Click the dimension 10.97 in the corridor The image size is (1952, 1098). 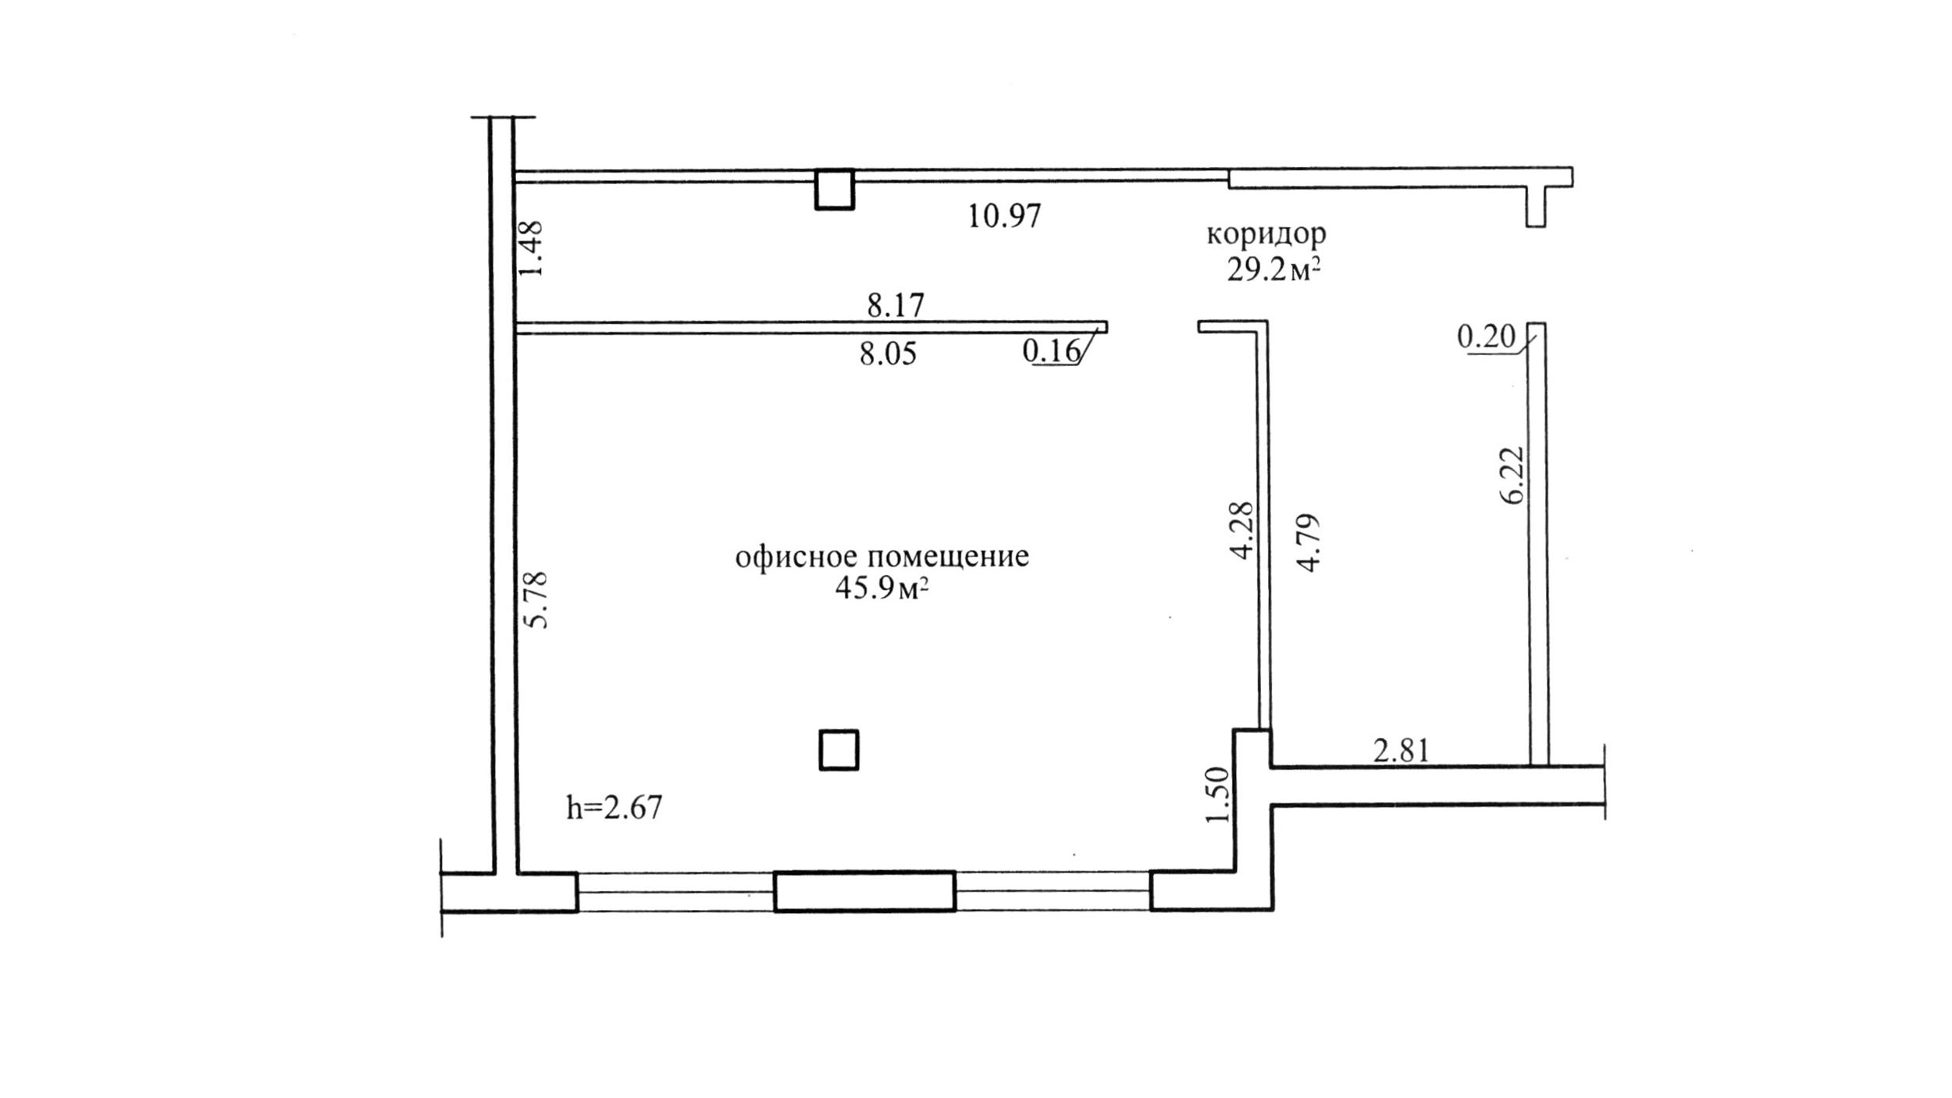(1004, 216)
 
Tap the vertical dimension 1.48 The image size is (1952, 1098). (531, 248)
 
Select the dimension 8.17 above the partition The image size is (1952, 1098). (896, 305)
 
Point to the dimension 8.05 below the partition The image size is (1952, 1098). (888, 354)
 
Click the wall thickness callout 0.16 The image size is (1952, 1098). (1051, 351)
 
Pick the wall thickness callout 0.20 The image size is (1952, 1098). (1486, 337)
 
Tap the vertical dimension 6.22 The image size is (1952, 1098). (1512, 475)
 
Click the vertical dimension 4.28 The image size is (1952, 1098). (1241, 530)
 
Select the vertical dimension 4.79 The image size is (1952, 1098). (1307, 543)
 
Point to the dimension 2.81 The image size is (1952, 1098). (1402, 751)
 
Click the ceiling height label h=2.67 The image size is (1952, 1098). (614, 807)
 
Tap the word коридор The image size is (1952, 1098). (1266, 234)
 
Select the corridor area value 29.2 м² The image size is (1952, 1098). (1273, 270)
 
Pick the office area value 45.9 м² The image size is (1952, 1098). (882, 588)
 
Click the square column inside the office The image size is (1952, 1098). (839, 750)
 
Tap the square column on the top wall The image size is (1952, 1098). (835, 189)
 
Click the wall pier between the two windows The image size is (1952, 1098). (864, 891)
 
